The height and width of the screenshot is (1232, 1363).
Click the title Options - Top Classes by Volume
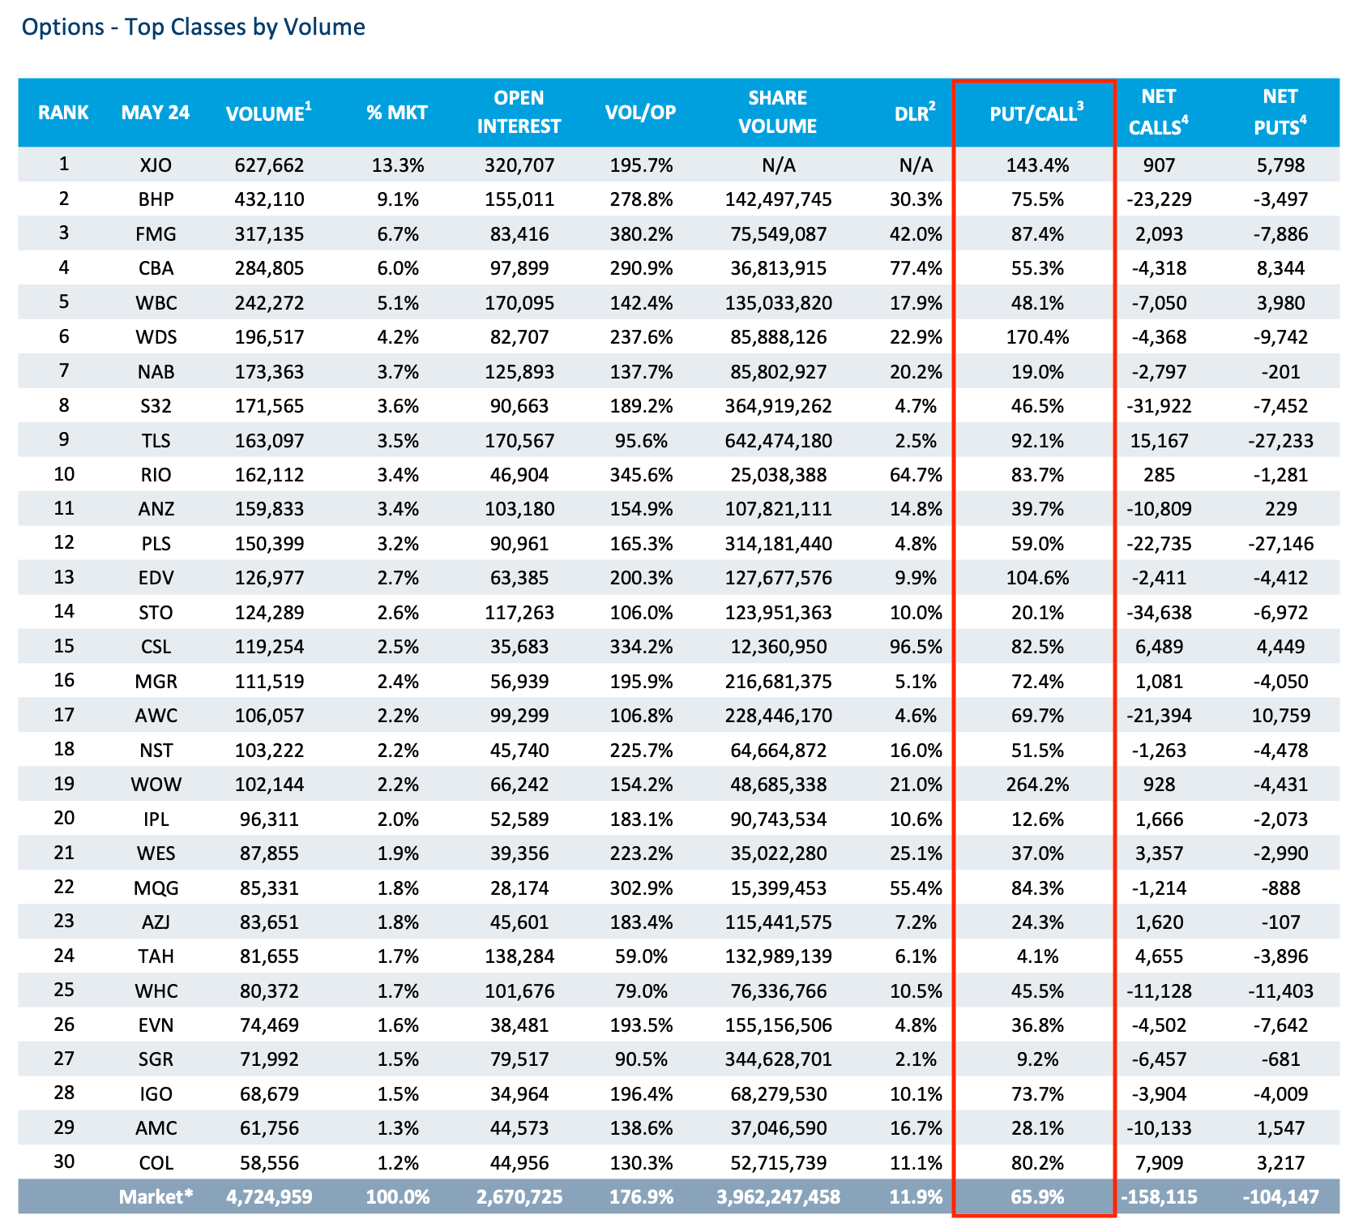(x=194, y=27)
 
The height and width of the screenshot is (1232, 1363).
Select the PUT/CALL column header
(x=1036, y=113)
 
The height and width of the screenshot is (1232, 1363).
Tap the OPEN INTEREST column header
(x=519, y=112)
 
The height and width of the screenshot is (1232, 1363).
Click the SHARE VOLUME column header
(x=778, y=112)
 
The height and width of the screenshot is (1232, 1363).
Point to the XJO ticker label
(x=156, y=165)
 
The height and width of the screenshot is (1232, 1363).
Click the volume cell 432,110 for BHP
(x=269, y=199)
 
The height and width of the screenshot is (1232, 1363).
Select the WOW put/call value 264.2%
(x=1037, y=785)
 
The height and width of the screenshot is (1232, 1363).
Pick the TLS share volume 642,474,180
(x=778, y=441)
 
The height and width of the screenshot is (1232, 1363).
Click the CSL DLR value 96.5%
(x=916, y=647)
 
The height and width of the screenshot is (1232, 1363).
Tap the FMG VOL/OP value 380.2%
(x=641, y=234)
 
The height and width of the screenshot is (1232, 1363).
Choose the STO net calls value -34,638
(x=1159, y=613)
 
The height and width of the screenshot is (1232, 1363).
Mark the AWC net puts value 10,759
(x=1280, y=716)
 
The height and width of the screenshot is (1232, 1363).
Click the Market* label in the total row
(x=156, y=1196)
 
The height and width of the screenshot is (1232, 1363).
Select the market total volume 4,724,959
(x=269, y=1196)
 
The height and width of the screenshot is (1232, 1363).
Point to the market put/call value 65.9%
(x=1037, y=1196)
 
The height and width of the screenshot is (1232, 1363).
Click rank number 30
(x=64, y=1161)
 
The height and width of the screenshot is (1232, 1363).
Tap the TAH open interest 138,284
(x=519, y=956)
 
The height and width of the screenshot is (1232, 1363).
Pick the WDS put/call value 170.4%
(x=1037, y=337)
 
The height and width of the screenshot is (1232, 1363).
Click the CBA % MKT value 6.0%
(x=397, y=268)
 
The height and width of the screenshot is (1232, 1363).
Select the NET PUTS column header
(x=1280, y=112)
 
